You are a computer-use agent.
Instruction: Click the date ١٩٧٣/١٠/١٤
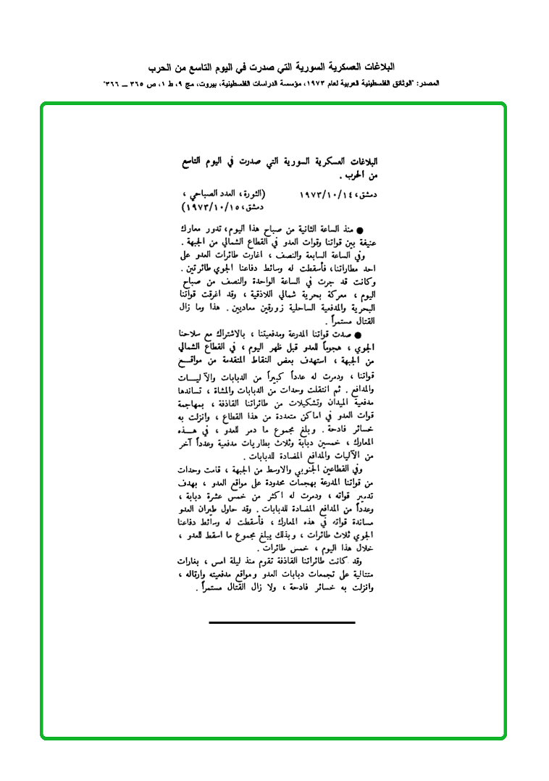pos(331,195)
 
